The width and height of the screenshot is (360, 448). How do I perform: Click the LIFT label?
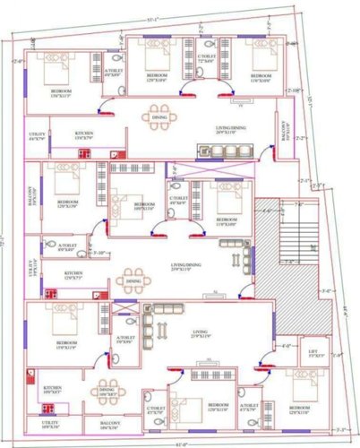312,353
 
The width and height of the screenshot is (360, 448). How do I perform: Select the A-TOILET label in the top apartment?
114,72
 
